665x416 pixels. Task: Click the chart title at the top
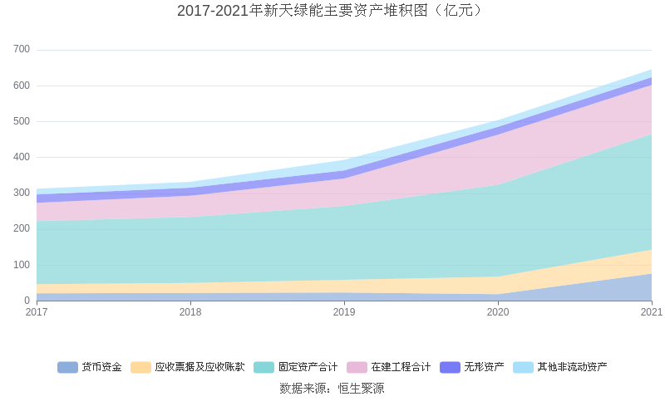tap(332, 11)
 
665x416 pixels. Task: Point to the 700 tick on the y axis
tap(22, 50)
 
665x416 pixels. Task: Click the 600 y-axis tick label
tap(22, 86)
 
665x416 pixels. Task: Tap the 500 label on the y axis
tap(22, 121)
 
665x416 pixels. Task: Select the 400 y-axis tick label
tap(22, 157)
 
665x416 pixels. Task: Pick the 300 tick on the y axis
tap(22, 193)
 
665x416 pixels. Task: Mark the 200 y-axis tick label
tap(22, 228)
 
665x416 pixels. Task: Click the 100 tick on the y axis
tap(22, 265)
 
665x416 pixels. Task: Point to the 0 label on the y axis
tap(27, 301)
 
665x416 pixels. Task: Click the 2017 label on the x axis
tap(37, 312)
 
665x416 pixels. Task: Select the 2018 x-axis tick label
tap(190, 312)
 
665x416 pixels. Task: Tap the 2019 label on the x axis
tap(344, 312)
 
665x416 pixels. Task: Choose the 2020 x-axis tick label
tap(498, 312)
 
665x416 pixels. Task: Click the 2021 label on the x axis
tap(651, 312)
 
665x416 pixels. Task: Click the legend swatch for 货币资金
tap(67, 367)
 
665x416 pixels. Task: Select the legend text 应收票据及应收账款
tap(199, 367)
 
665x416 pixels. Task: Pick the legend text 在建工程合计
tap(401, 367)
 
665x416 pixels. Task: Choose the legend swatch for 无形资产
tap(450, 367)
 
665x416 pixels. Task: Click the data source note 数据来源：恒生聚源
tap(332, 388)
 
